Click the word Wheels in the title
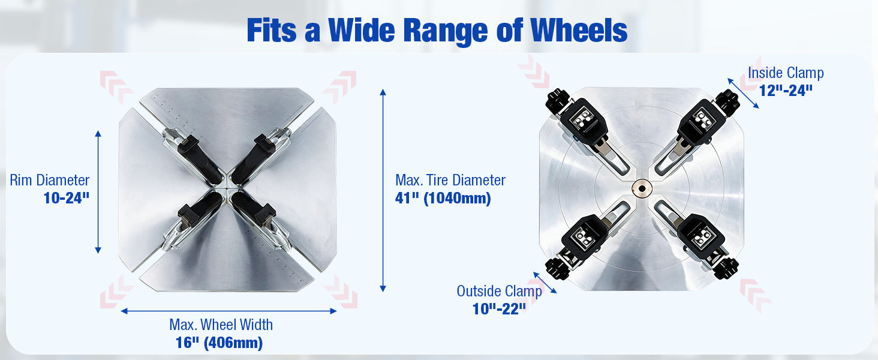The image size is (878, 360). (x=579, y=31)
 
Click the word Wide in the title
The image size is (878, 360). (x=362, y=31)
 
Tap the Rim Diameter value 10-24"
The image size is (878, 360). (x=67, y=198)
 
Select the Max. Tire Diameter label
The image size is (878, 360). (x=450, y=180)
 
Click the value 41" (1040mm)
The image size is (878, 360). (x=443, y=198)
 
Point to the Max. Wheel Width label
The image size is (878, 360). (x=221, y=325)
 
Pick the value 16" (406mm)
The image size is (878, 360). (x=219, y=343)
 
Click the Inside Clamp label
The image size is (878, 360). (x=786, y=73)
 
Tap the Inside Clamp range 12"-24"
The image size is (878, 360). (x=786, y=91)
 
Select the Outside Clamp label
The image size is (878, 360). (x=500, y=291)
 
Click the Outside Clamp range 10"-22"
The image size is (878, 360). (x=499, y=309)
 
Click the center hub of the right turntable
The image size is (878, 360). (x=642, y=189)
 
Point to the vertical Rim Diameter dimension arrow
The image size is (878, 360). (x=98, y=192)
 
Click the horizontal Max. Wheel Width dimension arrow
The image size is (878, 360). (x=229, y=311)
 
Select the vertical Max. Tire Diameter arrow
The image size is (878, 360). (x=383, y=190)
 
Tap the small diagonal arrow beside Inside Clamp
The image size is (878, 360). (x=743, y=94)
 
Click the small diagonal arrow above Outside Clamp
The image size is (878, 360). (x=545, y=283)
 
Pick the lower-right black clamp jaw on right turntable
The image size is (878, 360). (x=703, y=243)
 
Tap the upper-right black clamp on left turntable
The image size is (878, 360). (x=254, y=159)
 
